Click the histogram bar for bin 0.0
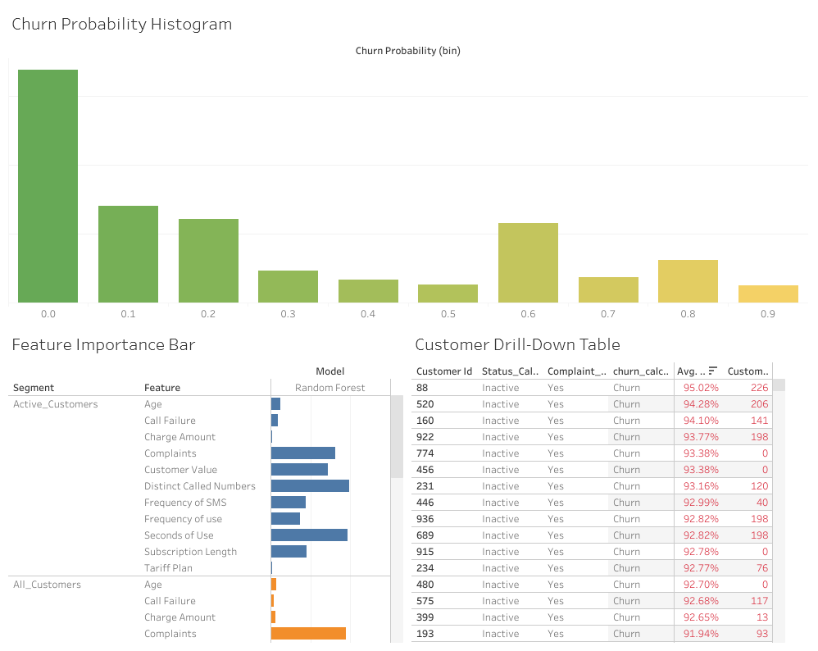coord(48,186)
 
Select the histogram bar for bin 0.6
coord(528,262)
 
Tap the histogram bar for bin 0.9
coord(768,294)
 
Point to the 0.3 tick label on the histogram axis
coord(289,314)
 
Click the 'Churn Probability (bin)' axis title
coord(407,51)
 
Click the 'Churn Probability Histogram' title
coord(122,24)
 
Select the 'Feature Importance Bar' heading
coord(103,344)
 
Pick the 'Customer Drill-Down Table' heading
coord(517,344)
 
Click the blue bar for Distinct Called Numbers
coord(310,486)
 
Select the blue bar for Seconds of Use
coord(309,535)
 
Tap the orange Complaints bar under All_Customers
coord(308,634)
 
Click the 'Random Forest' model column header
coord(329,388)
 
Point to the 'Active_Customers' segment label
coord(55,404)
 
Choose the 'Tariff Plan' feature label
coord(168,568)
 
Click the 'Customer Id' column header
coord(444,371)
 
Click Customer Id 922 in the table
coord(425,437)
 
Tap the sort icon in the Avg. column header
coord(713,371)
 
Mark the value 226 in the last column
coord(759,388)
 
